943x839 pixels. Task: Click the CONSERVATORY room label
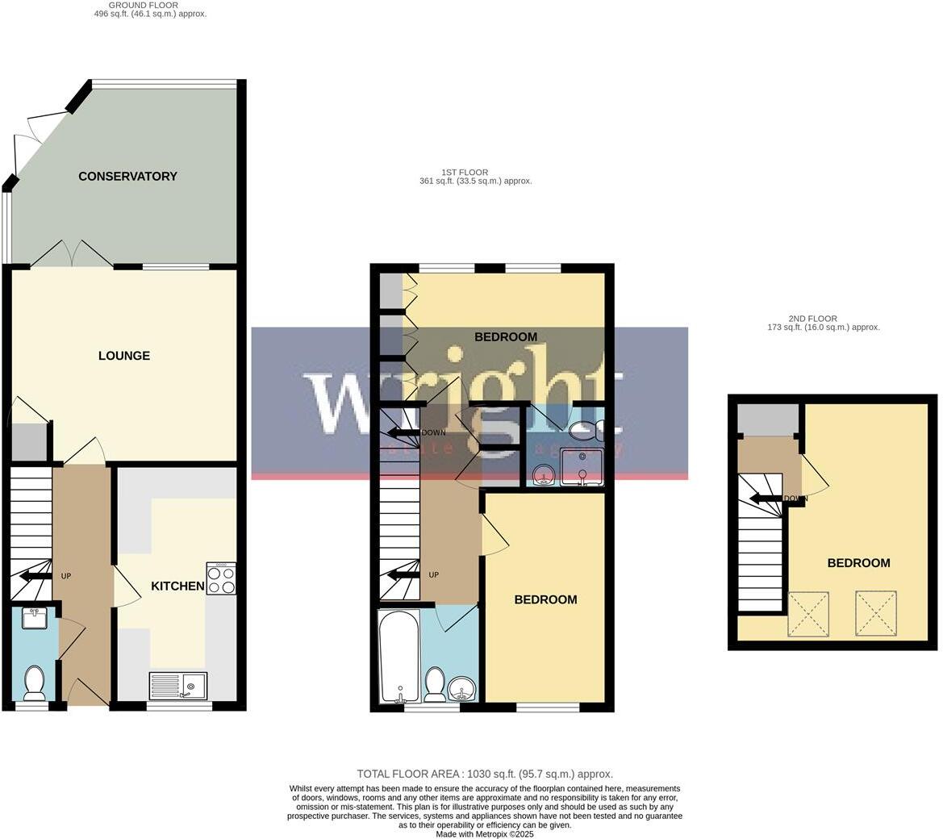pos(127,176)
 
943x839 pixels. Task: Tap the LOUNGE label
pos(124,356)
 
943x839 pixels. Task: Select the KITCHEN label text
pos(177,586)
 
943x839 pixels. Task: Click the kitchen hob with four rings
pos(221,578)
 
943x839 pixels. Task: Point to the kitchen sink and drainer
pos(178,686)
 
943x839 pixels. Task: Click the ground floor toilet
pos(35,682)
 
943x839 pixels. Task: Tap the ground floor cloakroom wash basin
pos(35,618)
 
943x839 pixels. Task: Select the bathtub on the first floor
pos(398,655)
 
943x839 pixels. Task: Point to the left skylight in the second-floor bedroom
pos(807,614)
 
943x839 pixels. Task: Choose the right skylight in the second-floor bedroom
pos(875,613)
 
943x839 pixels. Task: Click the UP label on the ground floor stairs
pos(66,576)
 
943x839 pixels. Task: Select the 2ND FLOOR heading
pos(812,319)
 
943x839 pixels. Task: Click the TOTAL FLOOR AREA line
pos(485,774)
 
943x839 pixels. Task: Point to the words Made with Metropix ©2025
pos(485,834)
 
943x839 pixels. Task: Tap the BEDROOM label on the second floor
pos(858,563)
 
